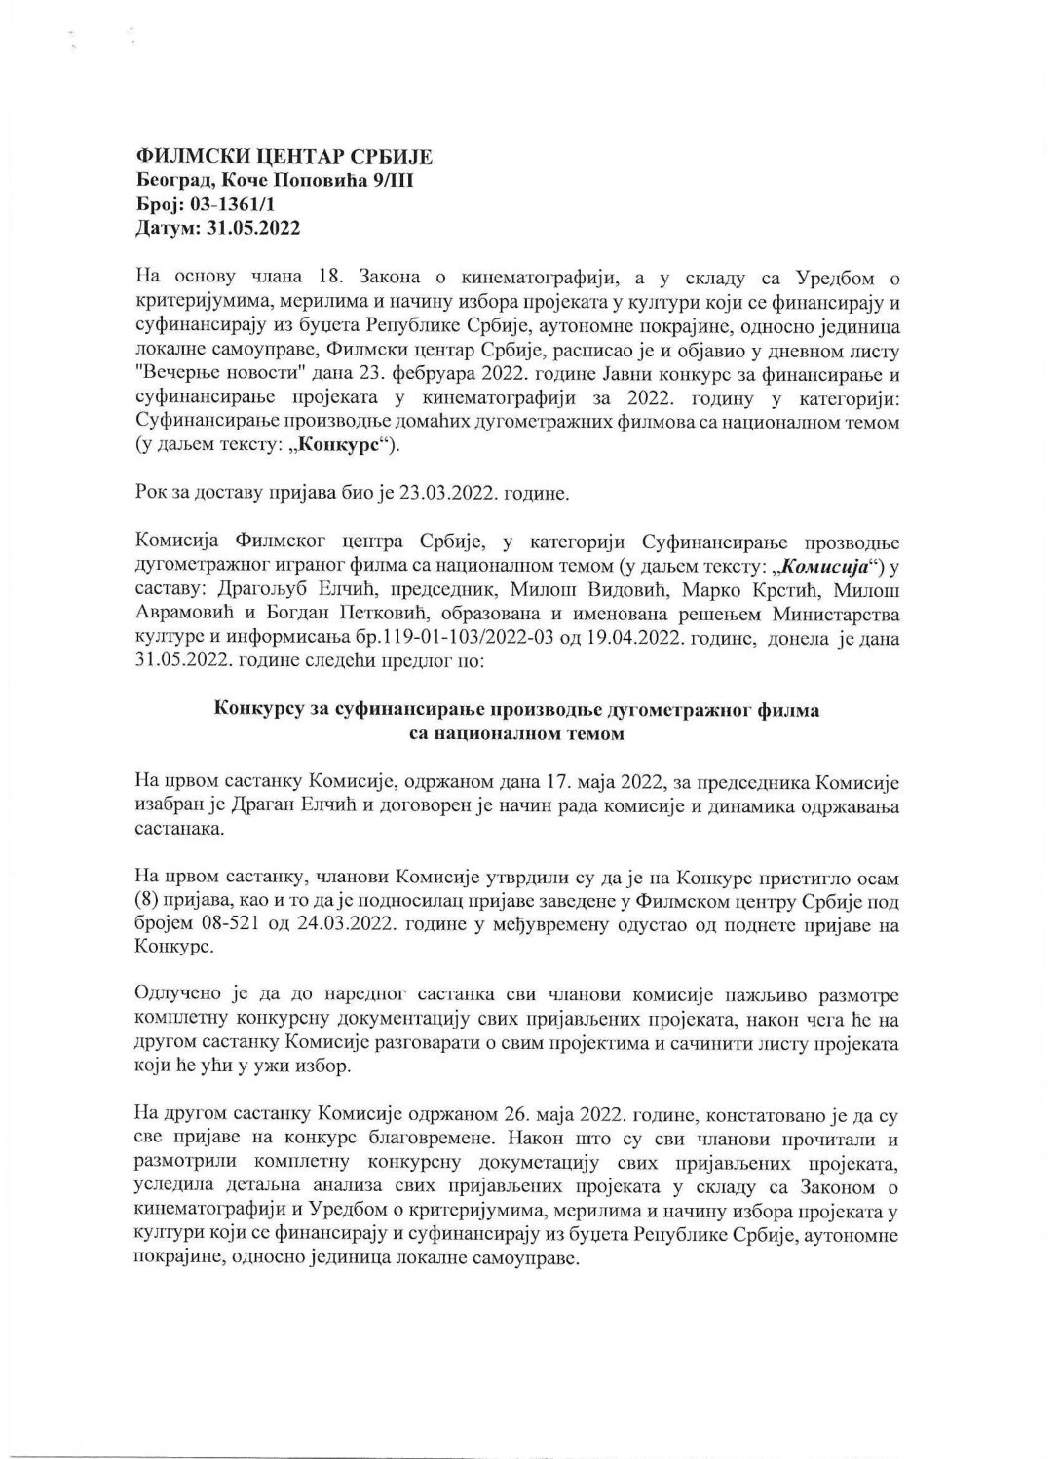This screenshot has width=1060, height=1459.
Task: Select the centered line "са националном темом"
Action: [516, 734]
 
